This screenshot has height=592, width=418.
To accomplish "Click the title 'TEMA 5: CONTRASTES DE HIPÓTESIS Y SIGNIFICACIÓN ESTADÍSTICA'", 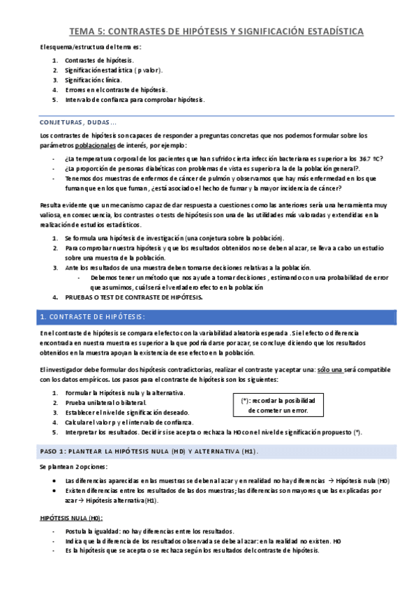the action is click(216, 31).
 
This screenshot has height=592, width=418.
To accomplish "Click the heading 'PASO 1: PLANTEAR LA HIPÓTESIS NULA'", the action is click(149, 452).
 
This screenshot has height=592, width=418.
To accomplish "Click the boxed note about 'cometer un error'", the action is click(278, 406).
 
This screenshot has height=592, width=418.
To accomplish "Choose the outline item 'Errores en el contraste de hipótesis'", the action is click(117, 90).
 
